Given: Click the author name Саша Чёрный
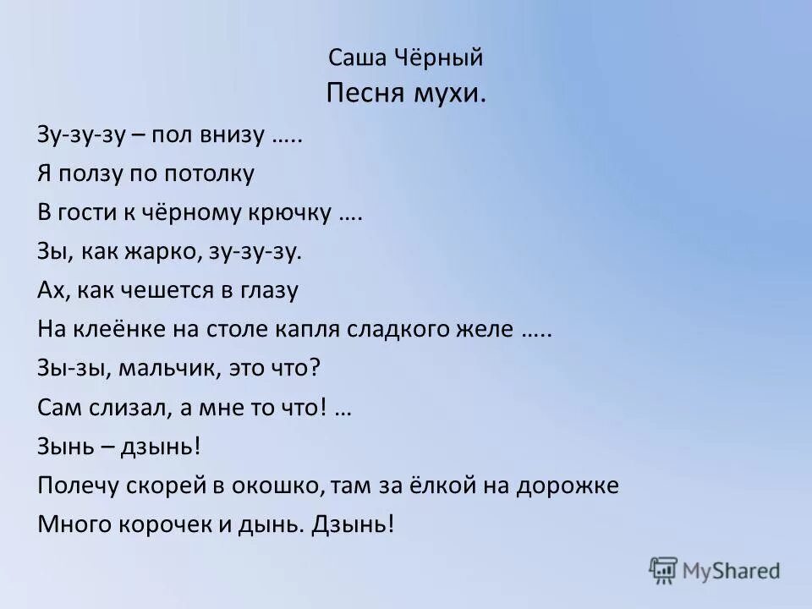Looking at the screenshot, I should pos(405,58).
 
